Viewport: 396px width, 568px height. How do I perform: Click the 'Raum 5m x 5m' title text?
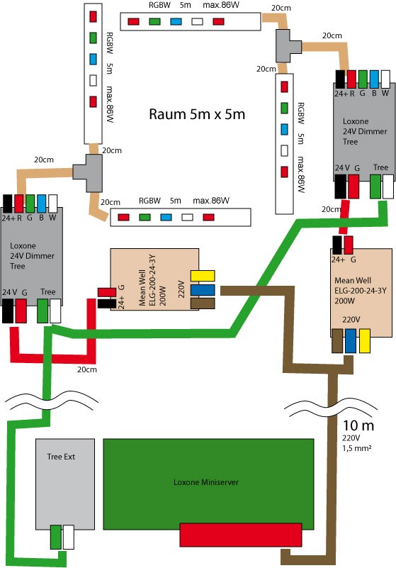197,114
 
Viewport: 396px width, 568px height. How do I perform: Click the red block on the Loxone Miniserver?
241,535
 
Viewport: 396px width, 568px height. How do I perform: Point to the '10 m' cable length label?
358,425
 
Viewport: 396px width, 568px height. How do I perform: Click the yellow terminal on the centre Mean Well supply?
203,276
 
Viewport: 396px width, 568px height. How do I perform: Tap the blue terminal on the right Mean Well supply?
351,341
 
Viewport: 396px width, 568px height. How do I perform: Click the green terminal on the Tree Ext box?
56,537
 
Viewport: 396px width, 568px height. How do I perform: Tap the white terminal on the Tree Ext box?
69,537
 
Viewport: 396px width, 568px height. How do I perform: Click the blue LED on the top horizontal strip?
176,21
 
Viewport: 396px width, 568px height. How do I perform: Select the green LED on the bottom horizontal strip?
145,218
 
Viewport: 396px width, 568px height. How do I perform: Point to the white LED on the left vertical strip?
93,80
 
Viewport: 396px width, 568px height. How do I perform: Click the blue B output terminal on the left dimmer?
42,204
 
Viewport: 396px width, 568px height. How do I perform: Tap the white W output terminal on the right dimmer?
386,79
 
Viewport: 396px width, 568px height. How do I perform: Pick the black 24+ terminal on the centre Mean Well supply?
107,304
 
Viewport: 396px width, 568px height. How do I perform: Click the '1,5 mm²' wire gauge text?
357,448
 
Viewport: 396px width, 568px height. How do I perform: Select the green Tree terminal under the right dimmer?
375,186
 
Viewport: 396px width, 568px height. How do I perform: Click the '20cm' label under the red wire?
87,369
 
